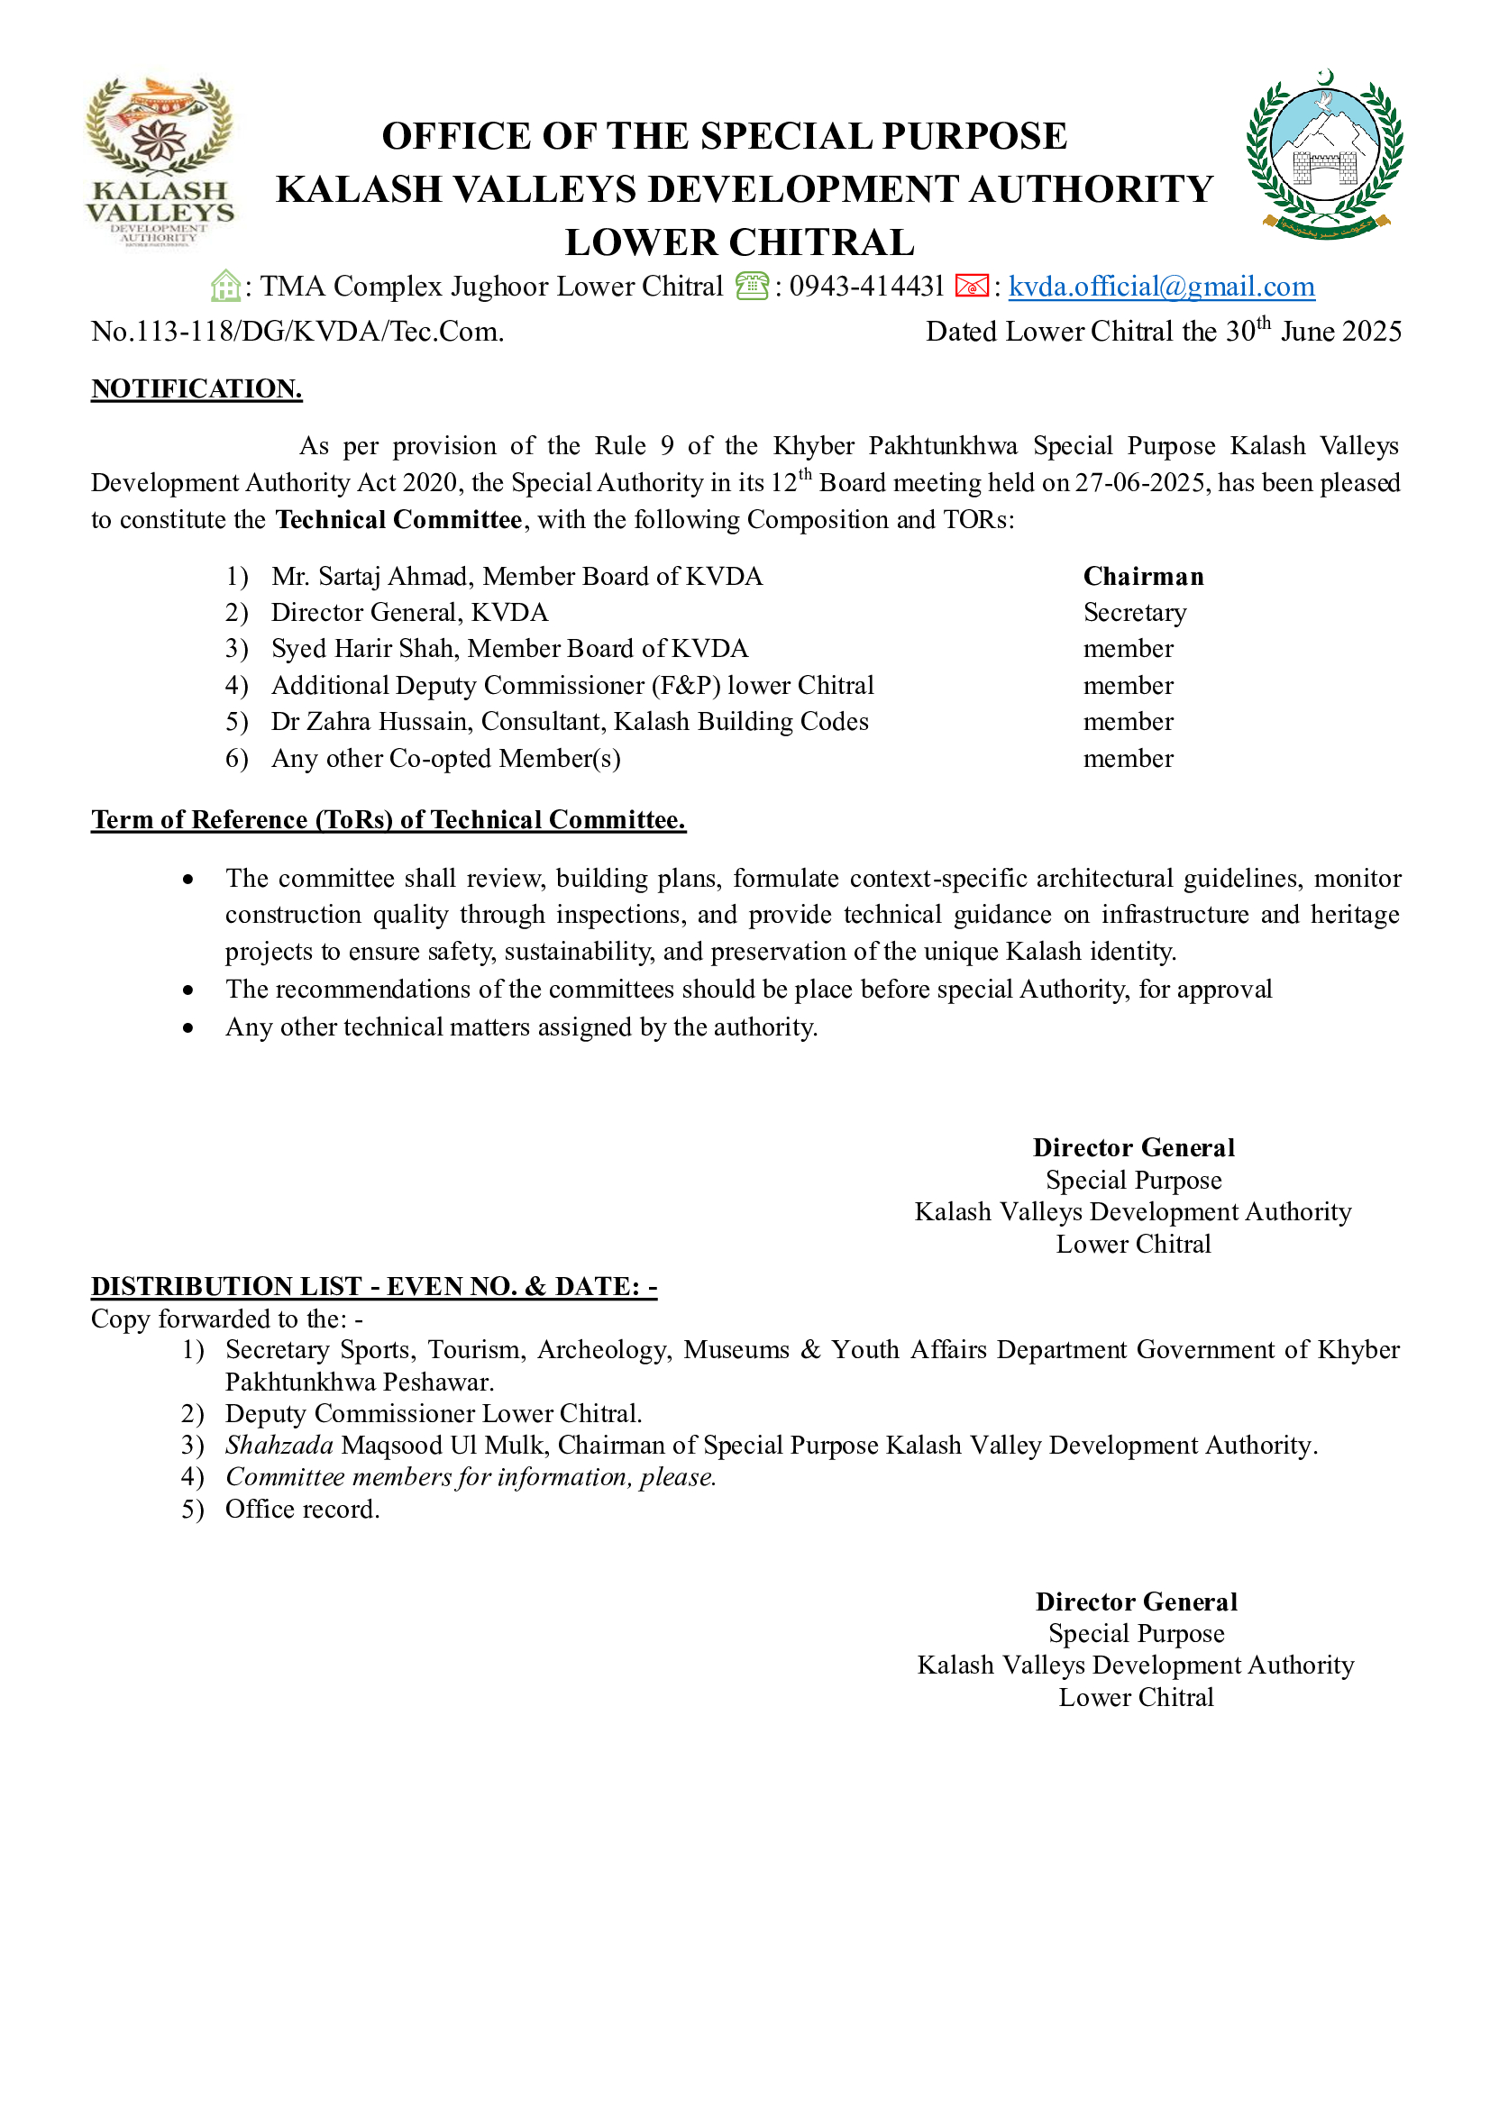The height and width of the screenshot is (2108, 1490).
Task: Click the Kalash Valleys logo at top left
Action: point(159,161)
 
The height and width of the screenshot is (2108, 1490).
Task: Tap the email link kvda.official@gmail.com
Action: point(1161,287)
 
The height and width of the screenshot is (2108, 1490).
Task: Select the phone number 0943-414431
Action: point(866,287)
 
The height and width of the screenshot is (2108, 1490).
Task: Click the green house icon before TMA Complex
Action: point(225,287)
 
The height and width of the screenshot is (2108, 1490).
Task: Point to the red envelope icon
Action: point(972,287)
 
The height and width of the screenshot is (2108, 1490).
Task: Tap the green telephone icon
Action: point(752,287)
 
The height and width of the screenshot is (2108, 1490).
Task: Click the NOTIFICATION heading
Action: point(197,389)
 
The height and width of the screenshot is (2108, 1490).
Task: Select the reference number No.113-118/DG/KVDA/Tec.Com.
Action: point(297,332)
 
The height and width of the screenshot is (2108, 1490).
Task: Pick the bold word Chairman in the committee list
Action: point(1143,577)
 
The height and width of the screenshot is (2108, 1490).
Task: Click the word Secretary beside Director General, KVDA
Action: point(1135,612)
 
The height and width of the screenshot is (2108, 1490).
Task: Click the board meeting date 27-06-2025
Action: point(1140,483)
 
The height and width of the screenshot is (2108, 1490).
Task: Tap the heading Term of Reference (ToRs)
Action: point(388,820)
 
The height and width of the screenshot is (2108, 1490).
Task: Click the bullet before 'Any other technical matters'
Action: point(188,1027)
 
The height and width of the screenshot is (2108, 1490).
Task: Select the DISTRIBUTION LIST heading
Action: point(374,1286)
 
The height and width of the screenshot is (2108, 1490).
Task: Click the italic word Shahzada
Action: point(279,1445)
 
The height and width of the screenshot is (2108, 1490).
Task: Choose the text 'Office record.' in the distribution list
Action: point(302,1510)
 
